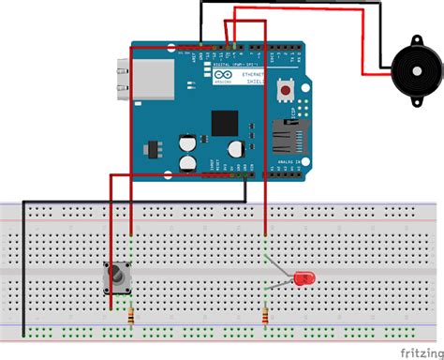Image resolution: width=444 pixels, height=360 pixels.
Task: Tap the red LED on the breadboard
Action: click(303, 278)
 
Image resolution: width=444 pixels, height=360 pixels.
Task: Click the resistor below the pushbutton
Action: click(131, 317)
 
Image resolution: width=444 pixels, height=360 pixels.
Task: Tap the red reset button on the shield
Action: click(284, 90)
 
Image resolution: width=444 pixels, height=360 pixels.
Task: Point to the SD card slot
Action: click(286, 136)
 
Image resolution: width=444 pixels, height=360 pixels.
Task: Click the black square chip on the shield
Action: click(225, 123)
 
